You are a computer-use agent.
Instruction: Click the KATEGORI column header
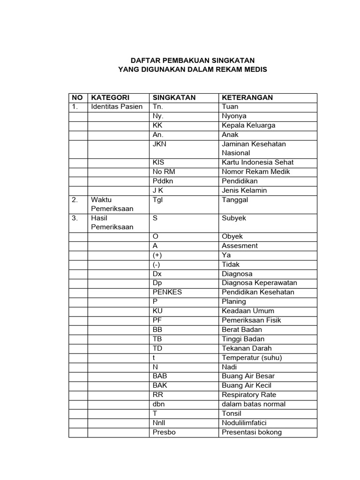pyautogui.click(x=110, y=97)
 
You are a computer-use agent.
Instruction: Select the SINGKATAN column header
pyautogui.click(x=174, y=97)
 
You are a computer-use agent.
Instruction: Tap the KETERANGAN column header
pyautogui.click(x=247, y=97)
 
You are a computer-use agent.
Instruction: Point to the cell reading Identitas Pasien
pyautogui.click(x=117, y=106)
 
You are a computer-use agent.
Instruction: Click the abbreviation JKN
pyautogui.click(x=159, y=144)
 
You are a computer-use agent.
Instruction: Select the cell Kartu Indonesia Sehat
pyautogui.click(x=258, y=162)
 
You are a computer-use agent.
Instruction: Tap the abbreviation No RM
pyautogui.click(x=164, y=172)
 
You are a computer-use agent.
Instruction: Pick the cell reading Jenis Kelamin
pyautogui.click(x=244, y=190)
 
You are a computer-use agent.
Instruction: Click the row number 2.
pyautogui.click(x=75, y=200)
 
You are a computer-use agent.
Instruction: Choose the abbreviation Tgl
pyautogui.click(x=157, y=200)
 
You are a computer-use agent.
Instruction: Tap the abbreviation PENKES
pyautogui.click(x=167, y=292)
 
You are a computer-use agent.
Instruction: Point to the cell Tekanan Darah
pyautogui.click(x=247, y=348)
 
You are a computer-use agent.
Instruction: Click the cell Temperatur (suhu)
pyautogui.click(x=252, y=358)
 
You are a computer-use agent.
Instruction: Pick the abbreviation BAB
pyautogui.click(x=160, y=376)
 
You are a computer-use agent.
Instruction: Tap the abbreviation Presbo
pyautogui.click(x=164, y=432)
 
